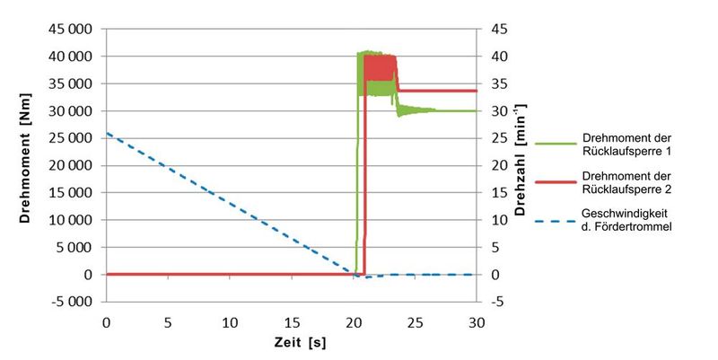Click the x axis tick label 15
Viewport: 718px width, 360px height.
[292, 321]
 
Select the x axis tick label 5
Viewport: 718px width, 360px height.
[168, 321]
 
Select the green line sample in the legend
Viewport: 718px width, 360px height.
[555, 144]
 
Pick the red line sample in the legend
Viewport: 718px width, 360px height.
[555, 182]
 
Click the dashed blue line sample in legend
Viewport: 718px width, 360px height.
[555, 221]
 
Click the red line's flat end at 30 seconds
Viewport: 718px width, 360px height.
[475, 91]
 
